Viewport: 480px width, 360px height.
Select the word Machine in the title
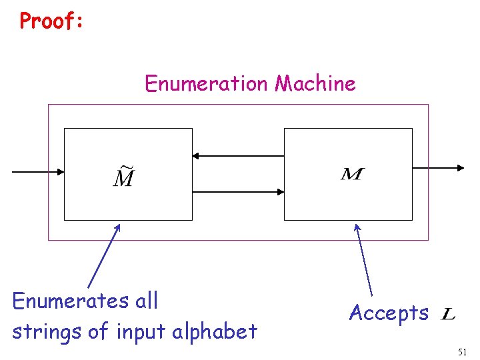click(315, 84)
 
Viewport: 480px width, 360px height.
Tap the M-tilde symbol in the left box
click(123, 176)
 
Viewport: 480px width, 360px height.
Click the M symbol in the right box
click(352, 175)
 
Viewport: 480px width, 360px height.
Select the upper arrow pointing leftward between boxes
click(238, 156)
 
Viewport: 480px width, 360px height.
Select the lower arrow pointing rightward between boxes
click(238, 192)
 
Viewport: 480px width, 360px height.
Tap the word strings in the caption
click(41, 331)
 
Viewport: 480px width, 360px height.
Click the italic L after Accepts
click(449, 313)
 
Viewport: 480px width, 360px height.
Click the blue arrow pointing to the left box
click(104, 256)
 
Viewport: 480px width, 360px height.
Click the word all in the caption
click(146, 301)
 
